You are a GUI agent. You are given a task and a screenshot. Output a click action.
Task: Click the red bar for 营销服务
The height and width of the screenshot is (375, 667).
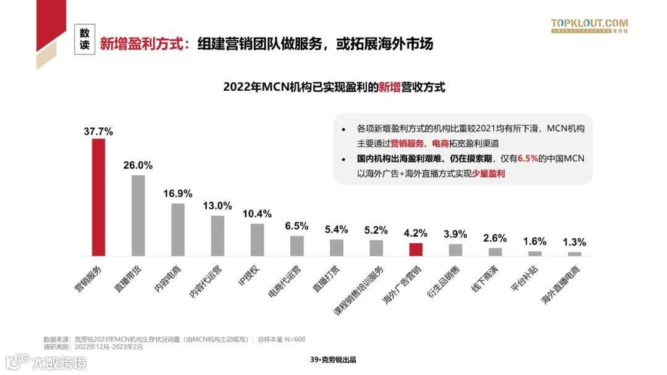(x=99, y=197)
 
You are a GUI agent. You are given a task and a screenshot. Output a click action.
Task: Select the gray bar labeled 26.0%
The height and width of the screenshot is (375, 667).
(x=138, y=215)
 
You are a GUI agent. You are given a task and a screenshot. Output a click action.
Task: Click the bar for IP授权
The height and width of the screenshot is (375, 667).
(x=258, y=239)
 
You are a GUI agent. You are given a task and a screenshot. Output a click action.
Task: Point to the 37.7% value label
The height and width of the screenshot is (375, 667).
(x=99, y=131)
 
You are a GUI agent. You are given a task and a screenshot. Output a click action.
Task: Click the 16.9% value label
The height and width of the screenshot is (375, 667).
(x=178, y=193)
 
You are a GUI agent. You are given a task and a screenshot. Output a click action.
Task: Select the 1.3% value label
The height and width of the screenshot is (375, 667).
(x=574, y=242)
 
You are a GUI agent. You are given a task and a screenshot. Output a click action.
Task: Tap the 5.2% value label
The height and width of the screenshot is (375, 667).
(x=376, y=230)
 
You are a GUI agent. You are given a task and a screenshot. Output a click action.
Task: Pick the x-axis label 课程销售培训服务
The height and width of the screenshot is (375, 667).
(x=359, y=290)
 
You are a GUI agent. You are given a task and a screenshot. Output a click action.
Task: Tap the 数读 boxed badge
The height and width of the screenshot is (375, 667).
(x=85, y=40)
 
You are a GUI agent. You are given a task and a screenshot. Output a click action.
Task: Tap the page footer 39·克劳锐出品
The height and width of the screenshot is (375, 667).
(x=333, y=360)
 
